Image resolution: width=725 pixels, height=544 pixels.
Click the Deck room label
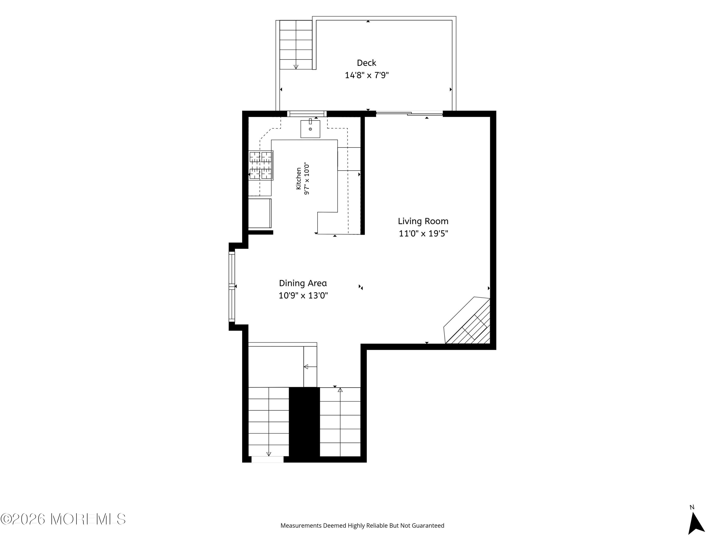coord(366,63)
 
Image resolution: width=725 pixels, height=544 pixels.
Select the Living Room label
coord(423,221)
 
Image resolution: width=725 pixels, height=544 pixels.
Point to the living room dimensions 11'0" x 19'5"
coord(423,234)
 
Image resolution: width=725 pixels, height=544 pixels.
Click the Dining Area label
coord(303,283)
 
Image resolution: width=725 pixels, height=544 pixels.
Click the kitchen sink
coord(310,129)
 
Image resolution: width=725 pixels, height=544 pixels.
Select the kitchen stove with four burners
coord(261,165)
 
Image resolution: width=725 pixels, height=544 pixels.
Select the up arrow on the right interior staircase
coord(340,390)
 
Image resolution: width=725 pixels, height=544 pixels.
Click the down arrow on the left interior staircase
coord(269,454)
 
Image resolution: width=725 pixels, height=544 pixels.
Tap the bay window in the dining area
coord(232,286)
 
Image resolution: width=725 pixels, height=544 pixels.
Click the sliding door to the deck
coord(409,113)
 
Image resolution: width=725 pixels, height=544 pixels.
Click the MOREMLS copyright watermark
coord(63,519)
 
